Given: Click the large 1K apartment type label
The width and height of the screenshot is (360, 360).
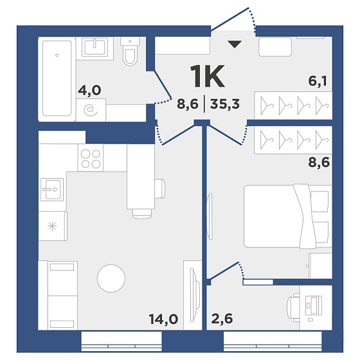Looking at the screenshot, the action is click(208, 76).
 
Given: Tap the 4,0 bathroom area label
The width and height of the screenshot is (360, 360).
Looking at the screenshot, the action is click(89, 90).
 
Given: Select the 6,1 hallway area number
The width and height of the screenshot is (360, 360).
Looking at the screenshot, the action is click(318, 82).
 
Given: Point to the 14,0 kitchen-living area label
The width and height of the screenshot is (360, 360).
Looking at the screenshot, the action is click(163, 319).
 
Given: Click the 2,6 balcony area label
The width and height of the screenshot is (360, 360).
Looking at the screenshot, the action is click(222, 319).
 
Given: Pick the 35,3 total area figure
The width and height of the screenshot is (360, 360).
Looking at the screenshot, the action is click(225, 104).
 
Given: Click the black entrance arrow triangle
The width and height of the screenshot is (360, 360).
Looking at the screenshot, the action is click(235, 44).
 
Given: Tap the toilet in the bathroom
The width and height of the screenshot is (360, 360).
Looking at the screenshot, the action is click(130, 51).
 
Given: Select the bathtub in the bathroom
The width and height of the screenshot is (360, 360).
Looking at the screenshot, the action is click(57, 78).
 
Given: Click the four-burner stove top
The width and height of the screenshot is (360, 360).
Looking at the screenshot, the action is click(91, 157).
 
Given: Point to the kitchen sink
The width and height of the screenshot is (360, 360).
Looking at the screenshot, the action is click(52, 190).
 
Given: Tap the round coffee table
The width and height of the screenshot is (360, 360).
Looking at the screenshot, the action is click(111, 278).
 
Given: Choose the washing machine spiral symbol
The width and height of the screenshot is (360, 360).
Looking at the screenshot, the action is click(91, 110).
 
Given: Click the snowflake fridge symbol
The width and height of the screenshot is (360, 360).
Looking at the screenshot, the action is click(52, 226).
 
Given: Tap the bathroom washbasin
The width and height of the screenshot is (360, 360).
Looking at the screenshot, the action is click(95, 48).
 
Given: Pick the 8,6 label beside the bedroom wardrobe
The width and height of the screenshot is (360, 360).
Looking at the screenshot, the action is click(319, 163).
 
